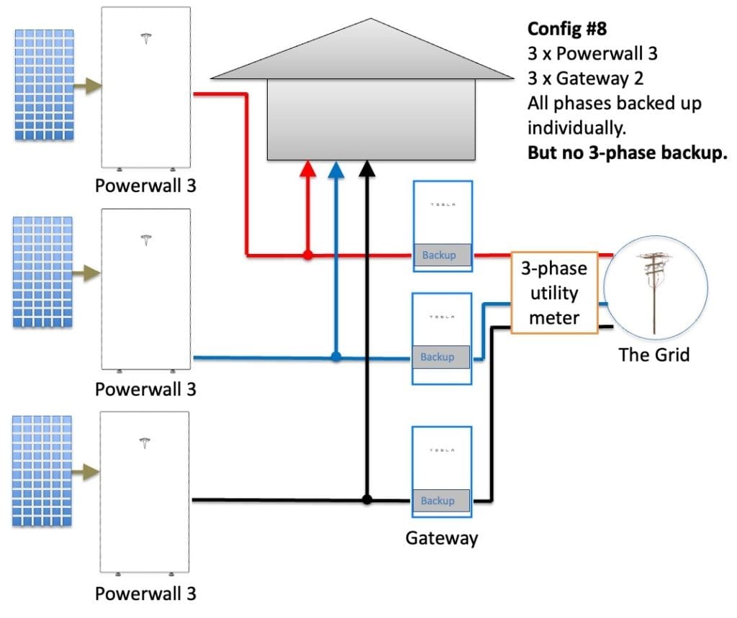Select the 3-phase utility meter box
point(554,292)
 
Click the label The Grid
point(654,354)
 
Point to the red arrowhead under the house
point(307,169)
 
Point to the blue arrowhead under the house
point(335,169)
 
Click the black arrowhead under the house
point(367,169)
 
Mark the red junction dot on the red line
point(307,255)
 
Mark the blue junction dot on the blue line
point(335,356)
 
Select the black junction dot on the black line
point(367,499)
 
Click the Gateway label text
point(441,537)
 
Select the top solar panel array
point(44,85)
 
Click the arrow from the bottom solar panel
point(89,472)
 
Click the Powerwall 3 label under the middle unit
point(145,389)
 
